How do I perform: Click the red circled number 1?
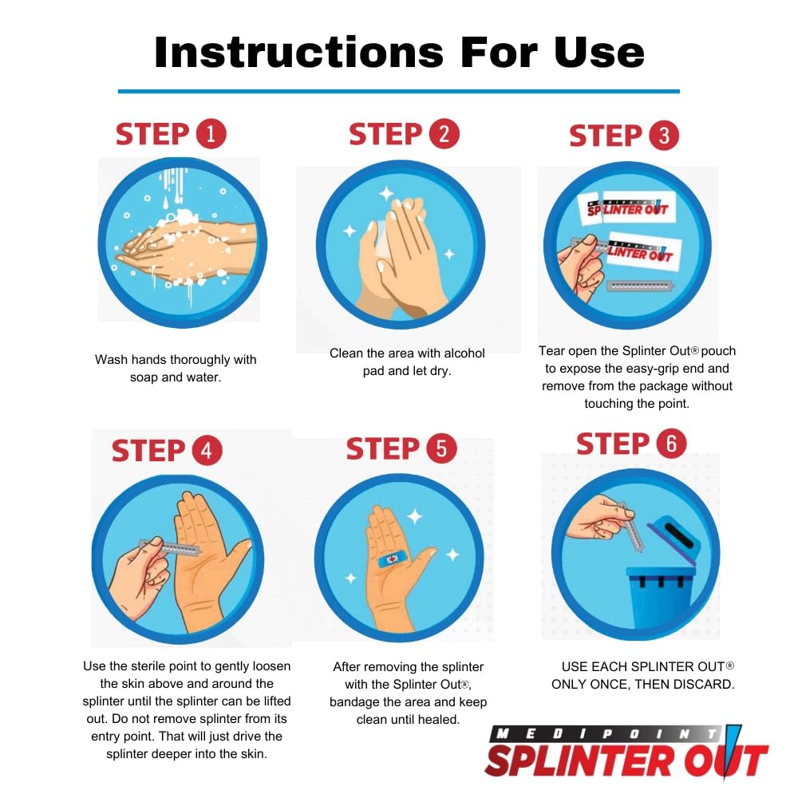[211, 134]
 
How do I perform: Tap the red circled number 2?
[444, 134]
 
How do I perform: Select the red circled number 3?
[664, 136]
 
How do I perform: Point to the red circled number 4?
[207, 451]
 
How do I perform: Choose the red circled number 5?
[441, 449]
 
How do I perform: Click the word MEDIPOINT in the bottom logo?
[607, 733]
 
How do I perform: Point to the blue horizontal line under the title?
[399, 91]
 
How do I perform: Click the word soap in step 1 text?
[145, 377]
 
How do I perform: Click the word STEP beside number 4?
[148, 451]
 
